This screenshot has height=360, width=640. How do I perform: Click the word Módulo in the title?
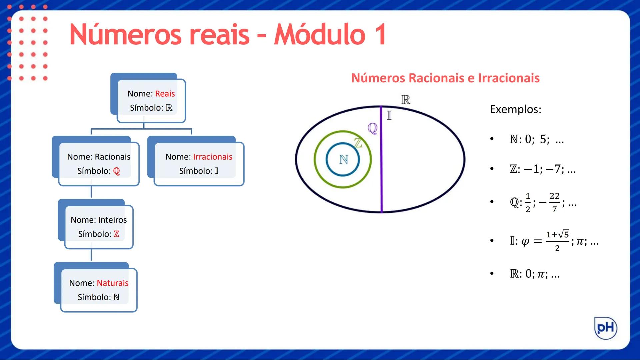pos(319,35)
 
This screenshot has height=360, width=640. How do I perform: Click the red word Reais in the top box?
pos(165,94)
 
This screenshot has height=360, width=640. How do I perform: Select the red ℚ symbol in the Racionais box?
pos(116,171)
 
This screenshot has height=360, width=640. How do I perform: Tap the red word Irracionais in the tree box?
pos(213,157)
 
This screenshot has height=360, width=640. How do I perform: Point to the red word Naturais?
pos(112,283)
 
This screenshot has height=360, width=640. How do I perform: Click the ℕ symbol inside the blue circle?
pos(343,160)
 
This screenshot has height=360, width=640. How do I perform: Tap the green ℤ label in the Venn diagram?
pos(358,143)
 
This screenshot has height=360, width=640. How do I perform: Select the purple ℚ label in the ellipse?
pos(372,128)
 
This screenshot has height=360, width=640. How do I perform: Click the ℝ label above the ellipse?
pos(405,99)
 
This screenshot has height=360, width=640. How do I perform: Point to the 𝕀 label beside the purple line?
pos(389,116)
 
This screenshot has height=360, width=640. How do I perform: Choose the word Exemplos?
pos(515,109)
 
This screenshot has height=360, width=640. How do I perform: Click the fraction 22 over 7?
pos(554,202)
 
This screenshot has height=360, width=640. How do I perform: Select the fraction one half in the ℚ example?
pos(528,202)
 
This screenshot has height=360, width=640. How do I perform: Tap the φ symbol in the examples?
pos(525,241)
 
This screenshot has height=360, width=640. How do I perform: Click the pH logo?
pos(606,328)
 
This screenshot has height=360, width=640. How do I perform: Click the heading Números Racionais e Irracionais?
pos(445,78)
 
